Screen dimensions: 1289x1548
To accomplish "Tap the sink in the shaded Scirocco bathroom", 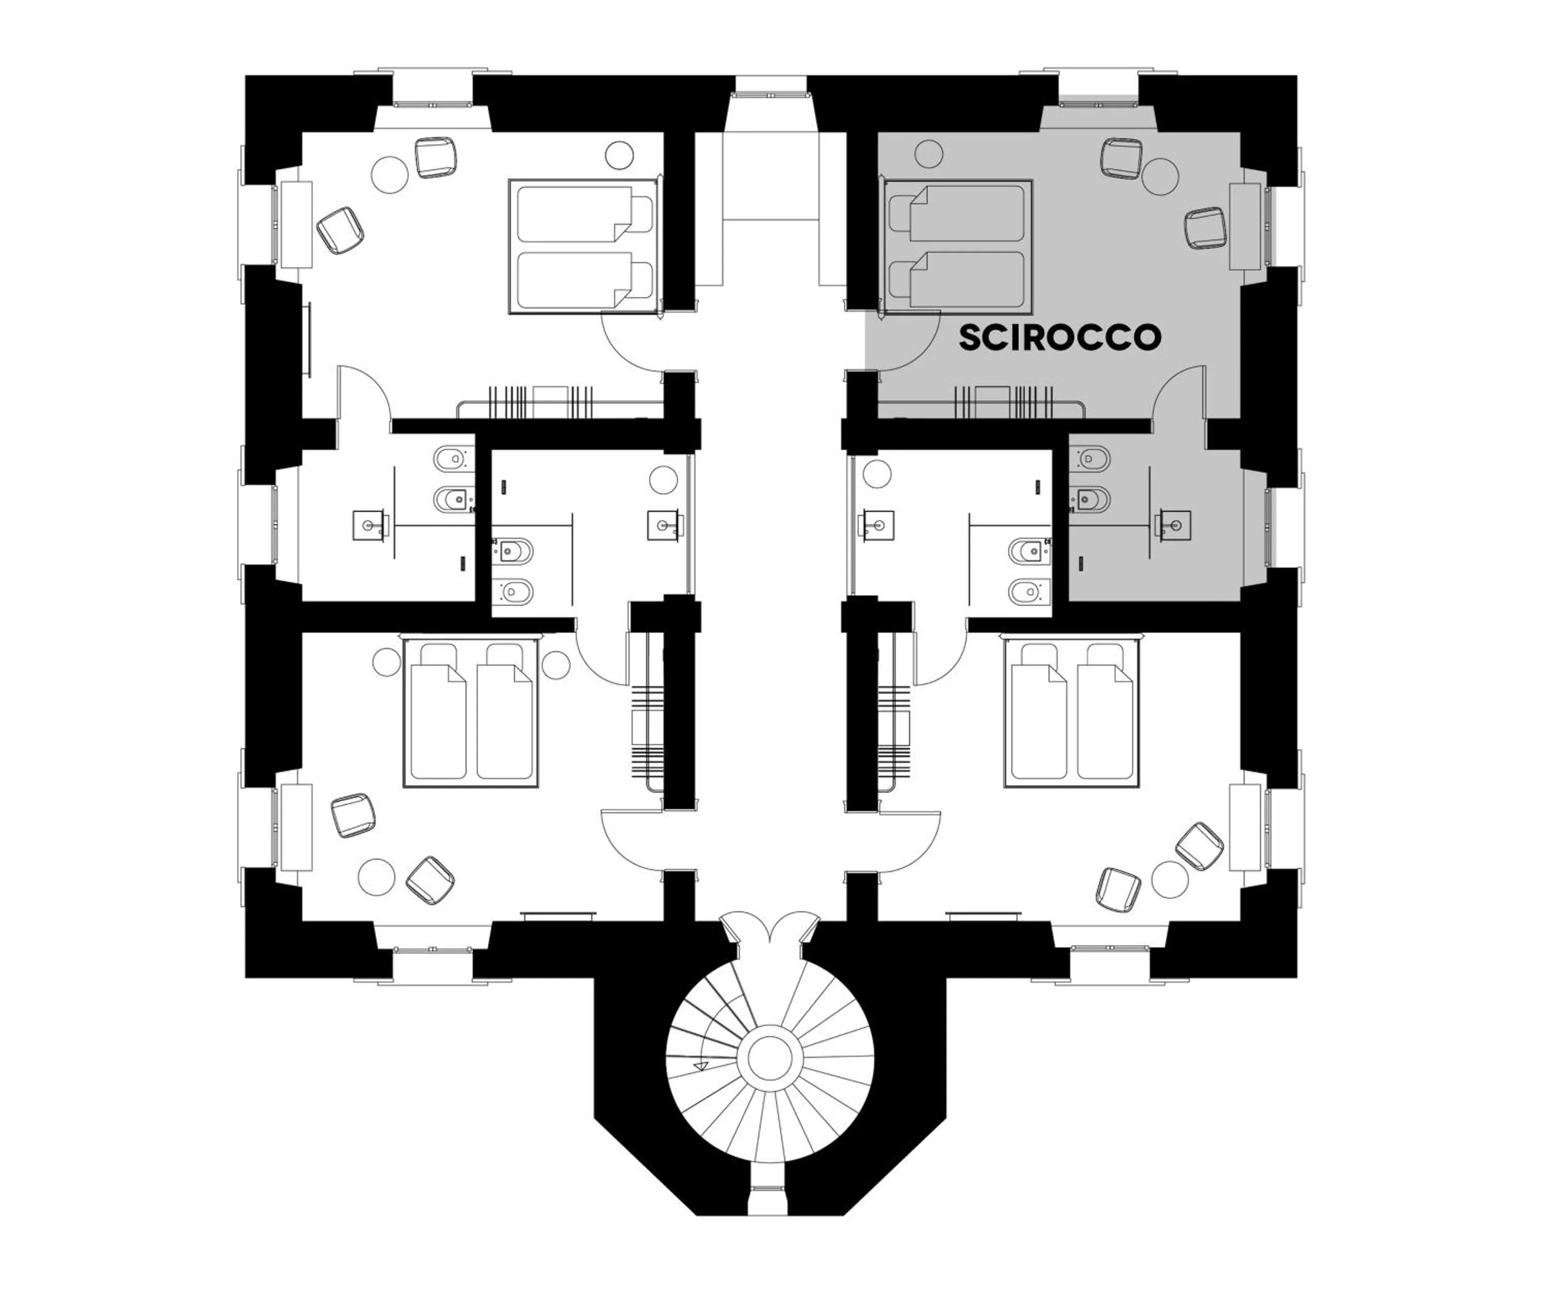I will pyautogui.click(x=1173, y=525).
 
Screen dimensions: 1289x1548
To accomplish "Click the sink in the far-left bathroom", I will pyautogui.click(x=368, y=525).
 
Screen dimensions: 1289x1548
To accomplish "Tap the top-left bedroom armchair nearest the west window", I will pyautogui.click(x=341, y=230).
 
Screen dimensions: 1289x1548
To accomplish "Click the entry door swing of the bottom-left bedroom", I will pyautogui.click(x=631, y=840).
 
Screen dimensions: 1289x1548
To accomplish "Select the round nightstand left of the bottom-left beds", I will pyautogui.click(x=386, y=662).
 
